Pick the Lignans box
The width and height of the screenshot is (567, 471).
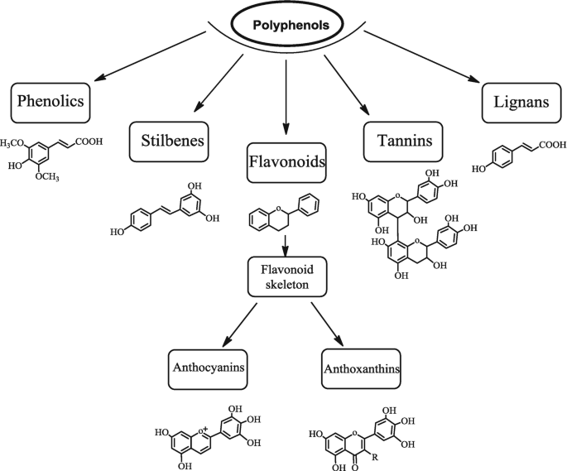517,102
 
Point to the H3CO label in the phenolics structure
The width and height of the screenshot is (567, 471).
12,143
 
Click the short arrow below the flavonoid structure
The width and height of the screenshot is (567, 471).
285,245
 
